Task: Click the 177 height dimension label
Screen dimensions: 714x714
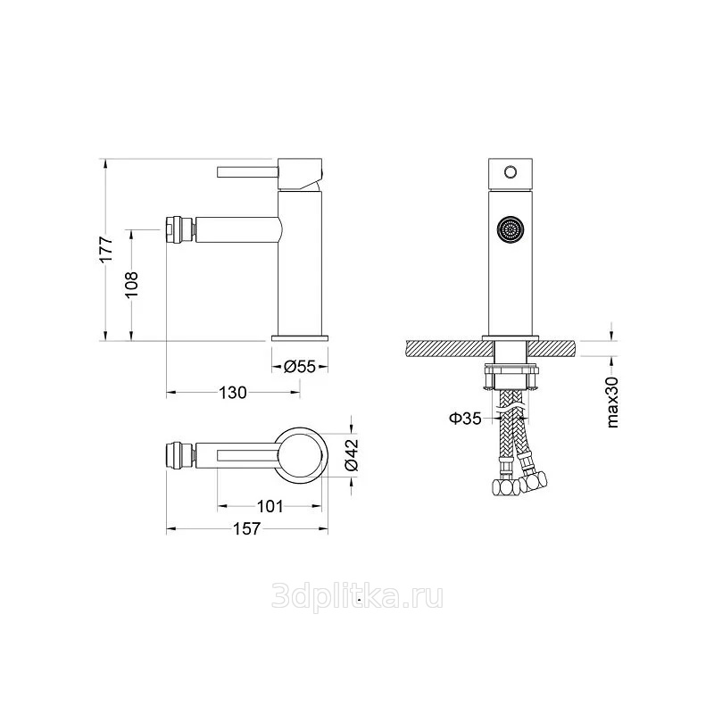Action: click(106, 249)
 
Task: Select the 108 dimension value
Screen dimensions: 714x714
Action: click(131, 285)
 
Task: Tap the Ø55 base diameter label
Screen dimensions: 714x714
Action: click(300, 366)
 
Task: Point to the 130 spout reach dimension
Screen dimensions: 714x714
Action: click(233, 392)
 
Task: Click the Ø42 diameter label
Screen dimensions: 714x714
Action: click(352, 454)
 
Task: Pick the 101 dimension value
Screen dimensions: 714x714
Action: click(270, 506)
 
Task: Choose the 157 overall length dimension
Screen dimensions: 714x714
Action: click(247, 528)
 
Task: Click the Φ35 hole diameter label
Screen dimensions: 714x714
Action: click(465, 418)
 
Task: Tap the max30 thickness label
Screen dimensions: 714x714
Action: click(613, 403)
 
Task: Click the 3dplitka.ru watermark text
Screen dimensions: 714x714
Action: click(357, 596)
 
